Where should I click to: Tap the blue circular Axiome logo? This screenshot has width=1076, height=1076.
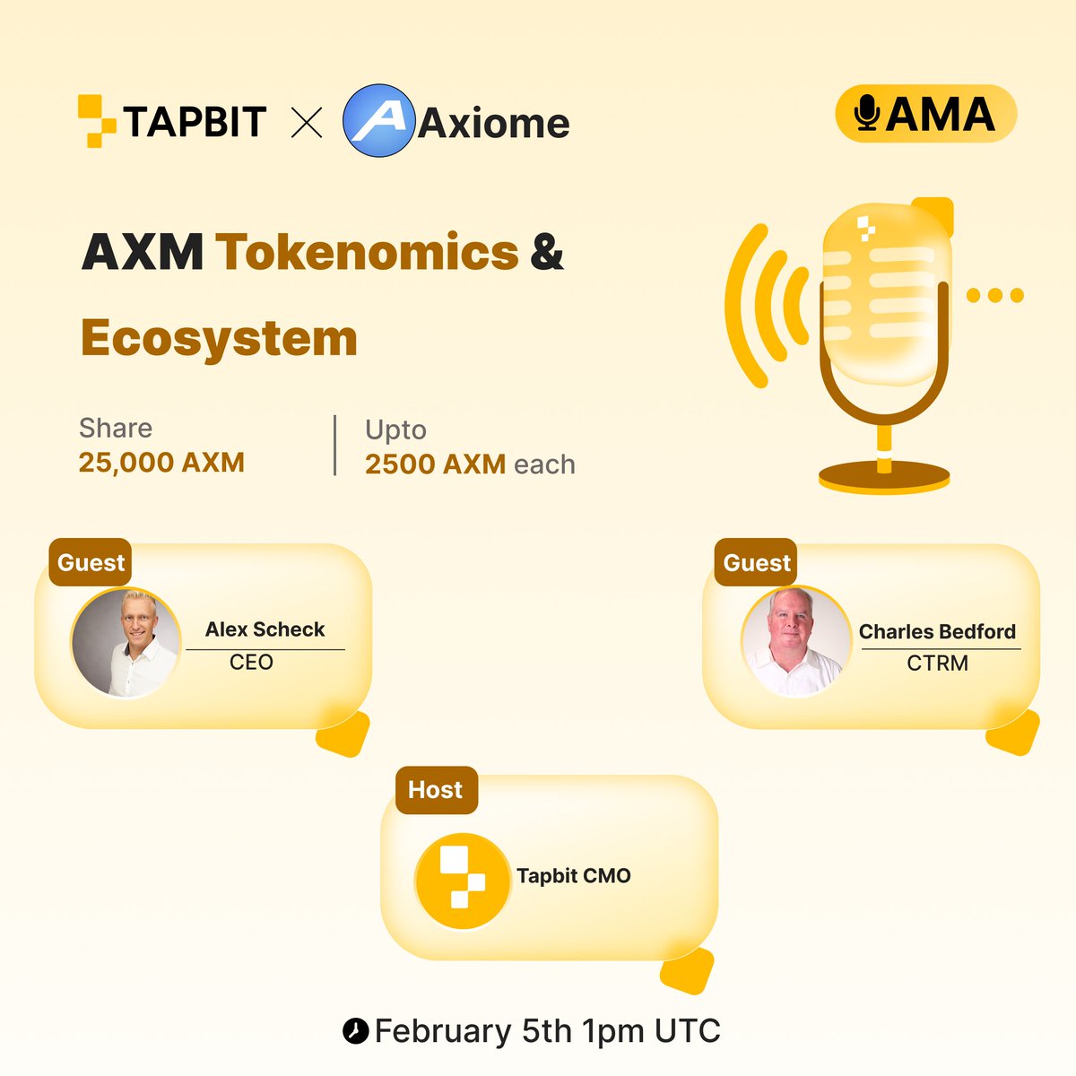[x=378, y=121]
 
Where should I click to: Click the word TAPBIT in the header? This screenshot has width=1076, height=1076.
[x=195, y=122]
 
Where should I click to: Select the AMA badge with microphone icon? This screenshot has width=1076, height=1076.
[x=925, y=114]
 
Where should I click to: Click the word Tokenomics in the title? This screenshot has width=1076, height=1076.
[x=367, y=252]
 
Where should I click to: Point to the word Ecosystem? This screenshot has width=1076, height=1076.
[x=219, y=339]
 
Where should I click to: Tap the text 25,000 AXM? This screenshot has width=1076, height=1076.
[x=161, y=463]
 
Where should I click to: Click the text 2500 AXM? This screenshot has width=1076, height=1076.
[x=435, y=464]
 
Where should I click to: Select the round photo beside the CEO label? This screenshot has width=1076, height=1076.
[x=126, y=642]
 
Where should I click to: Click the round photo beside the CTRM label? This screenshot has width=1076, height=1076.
[x=795, y=642]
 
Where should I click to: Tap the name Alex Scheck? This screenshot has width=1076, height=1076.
[x=265, y=629]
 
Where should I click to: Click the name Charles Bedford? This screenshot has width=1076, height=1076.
[x=937, y=631]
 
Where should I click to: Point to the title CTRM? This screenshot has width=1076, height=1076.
[x=937, y=664]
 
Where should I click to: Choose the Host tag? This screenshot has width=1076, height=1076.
[x=436, y=790]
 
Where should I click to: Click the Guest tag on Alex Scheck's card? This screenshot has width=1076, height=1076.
[x=91, y=563]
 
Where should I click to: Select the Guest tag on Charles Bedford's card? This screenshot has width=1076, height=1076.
[x=757, y=563]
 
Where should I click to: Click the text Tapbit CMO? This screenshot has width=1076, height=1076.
[x=574, y=876]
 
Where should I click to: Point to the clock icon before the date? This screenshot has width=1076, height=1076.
[x=355, y=1031]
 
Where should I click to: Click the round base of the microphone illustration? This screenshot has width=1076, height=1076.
[x=884, y=478]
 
